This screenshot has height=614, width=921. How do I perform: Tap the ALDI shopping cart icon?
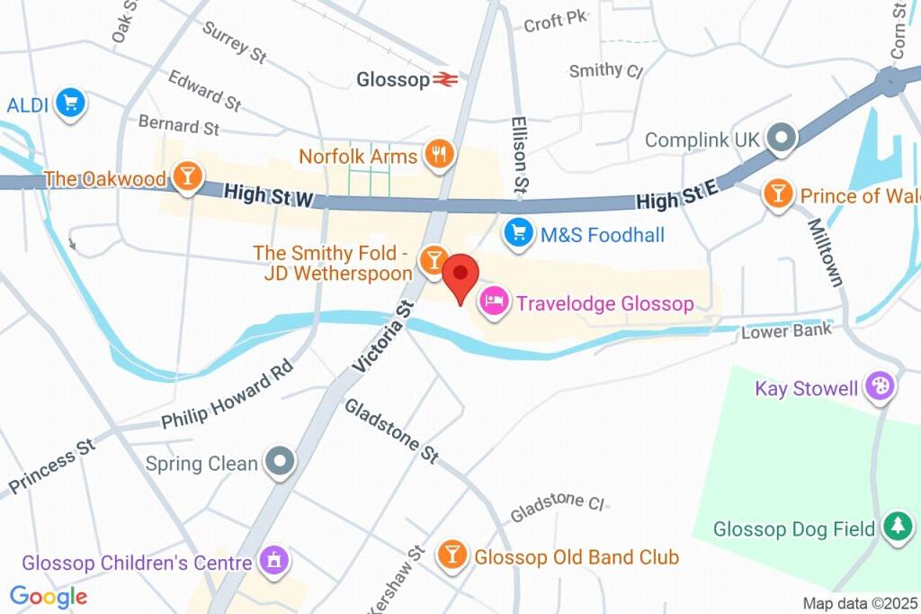point(69,104)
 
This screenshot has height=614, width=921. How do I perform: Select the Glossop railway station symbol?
point(445,79)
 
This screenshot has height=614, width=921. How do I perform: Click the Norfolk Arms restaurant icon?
point(438,155)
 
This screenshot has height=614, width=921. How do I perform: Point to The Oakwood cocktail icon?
point(187,176)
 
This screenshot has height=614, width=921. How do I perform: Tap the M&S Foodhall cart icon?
point(518,234)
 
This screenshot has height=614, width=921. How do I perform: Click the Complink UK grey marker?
point(782,139)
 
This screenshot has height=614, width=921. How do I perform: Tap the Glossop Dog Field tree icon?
point(897,528)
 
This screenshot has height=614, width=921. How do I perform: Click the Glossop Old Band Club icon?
point(452,555)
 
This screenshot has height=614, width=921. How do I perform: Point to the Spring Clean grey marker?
point(282,463)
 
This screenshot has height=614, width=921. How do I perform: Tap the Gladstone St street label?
point(391,430)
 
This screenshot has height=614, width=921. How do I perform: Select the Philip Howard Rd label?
point(228,393)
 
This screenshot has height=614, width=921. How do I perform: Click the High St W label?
point(267,194)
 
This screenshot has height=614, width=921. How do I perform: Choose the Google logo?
point(49,596)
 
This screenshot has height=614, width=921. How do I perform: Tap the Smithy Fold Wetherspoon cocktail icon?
point(434,260)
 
